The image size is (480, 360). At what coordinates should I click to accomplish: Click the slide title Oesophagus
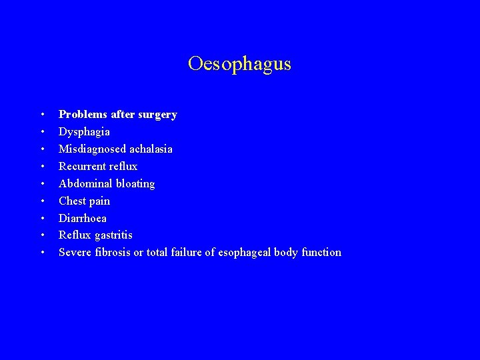pyautogui.click(x=239, y=64)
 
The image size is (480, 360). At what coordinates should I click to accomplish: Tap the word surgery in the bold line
pyautogui.click(x=157, y=115)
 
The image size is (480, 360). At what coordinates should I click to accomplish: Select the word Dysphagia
pyautogui.click(x=84, y=132)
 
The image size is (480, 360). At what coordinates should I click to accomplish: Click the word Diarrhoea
pyautogui.click(x=83, y=218)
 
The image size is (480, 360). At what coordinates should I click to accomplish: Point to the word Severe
pyautogui.click(x=75, y=252)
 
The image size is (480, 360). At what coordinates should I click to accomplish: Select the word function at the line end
pyautogui.click(x=321, y=252)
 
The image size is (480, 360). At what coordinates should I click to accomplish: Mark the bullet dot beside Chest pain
pyautogui.click(x=42, y=201)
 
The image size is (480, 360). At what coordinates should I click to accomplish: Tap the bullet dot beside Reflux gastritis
pyautogui.click(x=42, y=236)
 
